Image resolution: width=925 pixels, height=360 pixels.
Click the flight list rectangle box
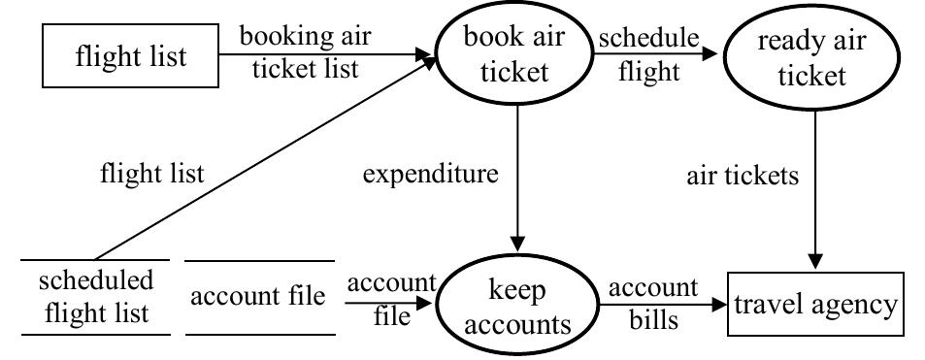point(130,56)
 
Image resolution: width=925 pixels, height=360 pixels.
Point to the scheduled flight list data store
point(95,297)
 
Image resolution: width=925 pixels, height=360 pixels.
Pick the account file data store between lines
point(258,297)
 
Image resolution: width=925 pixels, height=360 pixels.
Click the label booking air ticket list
point(306,52)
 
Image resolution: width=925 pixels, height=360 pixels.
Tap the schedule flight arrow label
point(647,52)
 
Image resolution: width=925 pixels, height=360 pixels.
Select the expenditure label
point(430,174)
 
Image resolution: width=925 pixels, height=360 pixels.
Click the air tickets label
point(743,175)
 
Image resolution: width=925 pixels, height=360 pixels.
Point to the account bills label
point(652,303)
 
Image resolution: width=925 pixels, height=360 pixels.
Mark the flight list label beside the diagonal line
point(152,174)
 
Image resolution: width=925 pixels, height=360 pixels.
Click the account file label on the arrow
point(392,299)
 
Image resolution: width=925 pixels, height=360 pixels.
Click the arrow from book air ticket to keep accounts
point(517,184)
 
